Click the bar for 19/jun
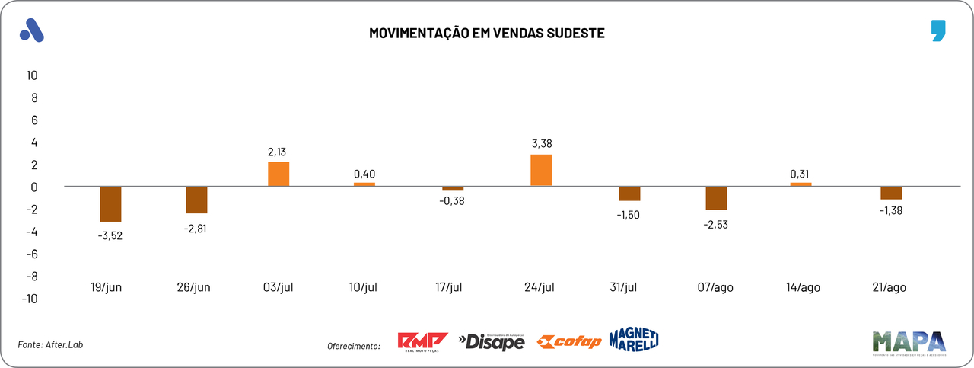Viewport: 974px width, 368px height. (110, 204)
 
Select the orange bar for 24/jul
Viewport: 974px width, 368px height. (541, 171)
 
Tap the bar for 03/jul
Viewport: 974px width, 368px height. (279, 174)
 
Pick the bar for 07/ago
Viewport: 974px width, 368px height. (716, 198)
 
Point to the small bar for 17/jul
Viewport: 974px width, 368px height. (453, 188)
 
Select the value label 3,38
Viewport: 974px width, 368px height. (541, 142)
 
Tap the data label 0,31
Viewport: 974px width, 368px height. (801, 174)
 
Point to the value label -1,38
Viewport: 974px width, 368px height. (891, 210)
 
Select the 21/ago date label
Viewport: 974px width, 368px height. (890, 287)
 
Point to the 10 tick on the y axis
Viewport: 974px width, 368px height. (32, 75)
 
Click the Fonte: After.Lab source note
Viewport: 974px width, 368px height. (50, 345)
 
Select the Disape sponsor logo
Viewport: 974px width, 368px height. (492, 342)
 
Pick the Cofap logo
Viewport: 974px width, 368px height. (568, 341)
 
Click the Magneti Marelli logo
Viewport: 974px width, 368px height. (633, 339)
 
